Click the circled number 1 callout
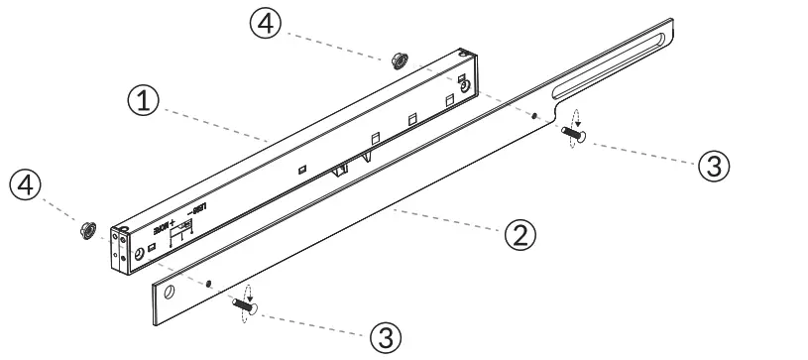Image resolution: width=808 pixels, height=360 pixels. (x=145, y=99)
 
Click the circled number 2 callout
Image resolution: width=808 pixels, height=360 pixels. (x=522, y=235)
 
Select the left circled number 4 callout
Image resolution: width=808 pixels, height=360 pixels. (x=26, y=185)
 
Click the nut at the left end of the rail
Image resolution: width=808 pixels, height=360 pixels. (x=86, y=230)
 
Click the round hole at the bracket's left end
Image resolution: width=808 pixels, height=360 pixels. (x=170, y=293)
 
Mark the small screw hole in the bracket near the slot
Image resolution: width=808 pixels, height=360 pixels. (x=534, y=116)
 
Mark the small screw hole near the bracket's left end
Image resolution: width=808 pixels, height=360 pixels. (x=209, y=283)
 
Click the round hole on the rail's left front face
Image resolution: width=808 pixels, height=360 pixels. (x=138, y=254)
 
